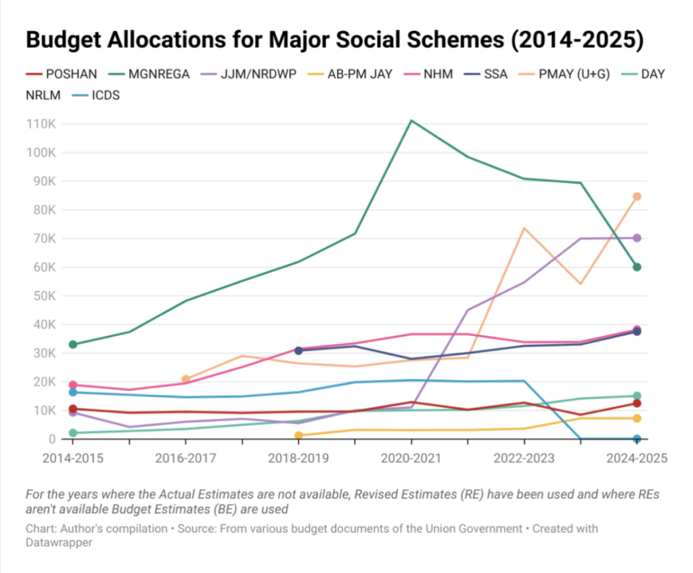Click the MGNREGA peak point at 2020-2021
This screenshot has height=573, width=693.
click(411, 121)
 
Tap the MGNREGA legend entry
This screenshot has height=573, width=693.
click(145, 74)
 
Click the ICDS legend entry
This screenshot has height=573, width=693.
click(106, 95)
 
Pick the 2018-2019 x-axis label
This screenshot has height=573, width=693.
click(298, 459)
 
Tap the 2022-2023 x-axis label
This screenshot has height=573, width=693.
click(524, 459)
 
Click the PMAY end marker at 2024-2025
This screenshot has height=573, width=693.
click(637, 197)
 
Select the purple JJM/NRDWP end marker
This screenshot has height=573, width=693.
click(637, 238)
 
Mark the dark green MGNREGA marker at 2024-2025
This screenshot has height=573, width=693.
click(637, 267)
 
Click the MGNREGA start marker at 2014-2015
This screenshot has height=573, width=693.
click(72, 344)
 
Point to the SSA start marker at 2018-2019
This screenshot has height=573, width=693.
click(298, 350)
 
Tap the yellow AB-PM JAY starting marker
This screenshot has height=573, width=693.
click(298, 436)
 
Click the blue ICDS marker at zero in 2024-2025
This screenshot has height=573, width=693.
click(637, 439)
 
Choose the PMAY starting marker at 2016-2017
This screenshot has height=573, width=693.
click(185, 380)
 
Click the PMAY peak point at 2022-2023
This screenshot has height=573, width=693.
click(524, 228)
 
